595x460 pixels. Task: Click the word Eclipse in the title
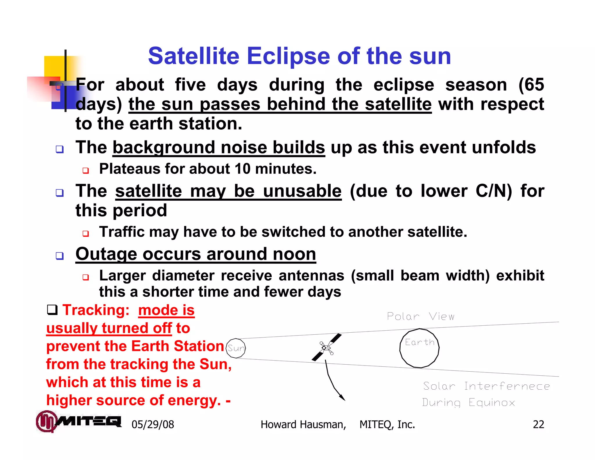(x=288, y=56)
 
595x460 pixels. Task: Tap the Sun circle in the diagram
(x=236, y=348)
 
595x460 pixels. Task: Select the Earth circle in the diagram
(x=419, y=348)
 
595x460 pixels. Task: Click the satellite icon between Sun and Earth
(x=327, y=347)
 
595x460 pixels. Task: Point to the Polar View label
(x=420, y=316)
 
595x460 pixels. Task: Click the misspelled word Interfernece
(x=507, y=386)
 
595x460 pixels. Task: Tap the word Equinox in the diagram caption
(x=492, y=403)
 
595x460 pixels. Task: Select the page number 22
(x=538, y=425)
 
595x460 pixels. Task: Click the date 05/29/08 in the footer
(x=153, y=425)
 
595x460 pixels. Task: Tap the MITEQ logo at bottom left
(x=78, y=421)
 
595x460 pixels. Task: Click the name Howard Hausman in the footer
(x=303, y=425)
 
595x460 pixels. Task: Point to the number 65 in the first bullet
(x=534, y=85)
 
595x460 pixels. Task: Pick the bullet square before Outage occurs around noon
(x=60, y=256)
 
